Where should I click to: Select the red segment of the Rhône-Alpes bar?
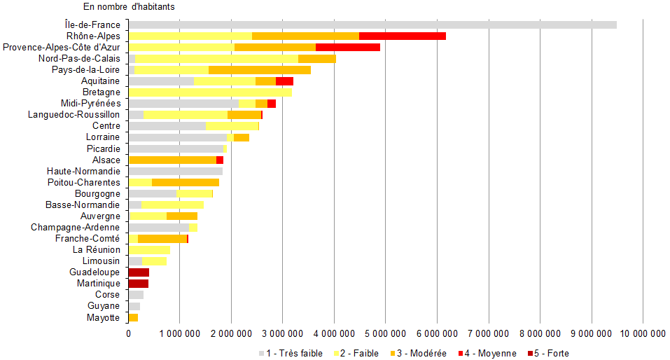(402, 36)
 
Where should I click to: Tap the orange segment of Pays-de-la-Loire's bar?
(259, 69)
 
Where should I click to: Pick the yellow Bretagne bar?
(210, 92)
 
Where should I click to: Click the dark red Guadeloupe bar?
(139, 272)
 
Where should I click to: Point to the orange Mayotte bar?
(133, 317)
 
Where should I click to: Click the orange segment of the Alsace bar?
(172, 160)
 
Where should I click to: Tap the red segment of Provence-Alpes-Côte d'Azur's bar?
(347, 47)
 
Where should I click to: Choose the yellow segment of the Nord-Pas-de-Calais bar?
(216, 58)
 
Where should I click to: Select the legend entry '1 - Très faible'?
(291, 354)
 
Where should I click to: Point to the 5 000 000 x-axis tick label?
(385, 334)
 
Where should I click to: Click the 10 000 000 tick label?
(643, 334)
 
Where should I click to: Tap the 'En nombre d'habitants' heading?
(129, 7)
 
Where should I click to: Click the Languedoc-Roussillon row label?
(74, 114)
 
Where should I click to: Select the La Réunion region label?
(97, 249)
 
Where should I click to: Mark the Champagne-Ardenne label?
(76, 227)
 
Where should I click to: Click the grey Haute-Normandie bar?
(175, 171)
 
